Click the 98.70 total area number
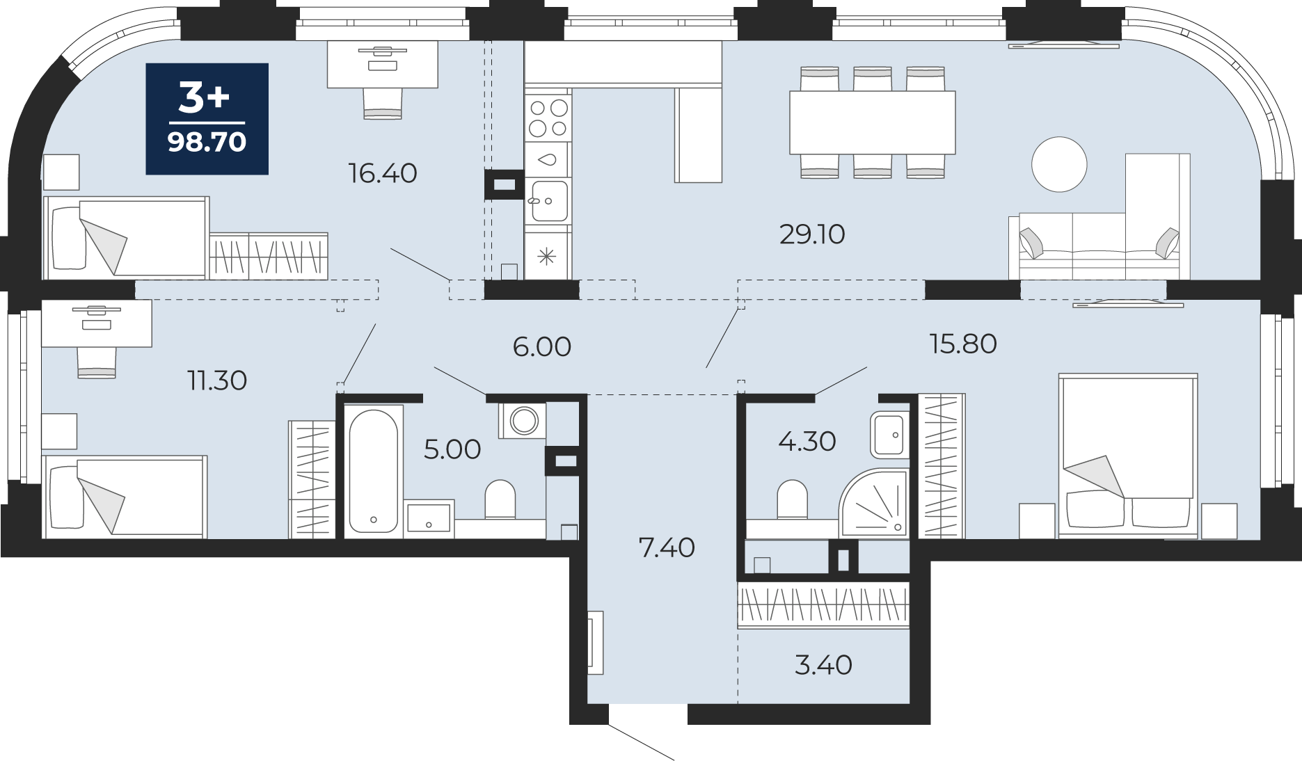[207, 142]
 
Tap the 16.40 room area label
[383, 173]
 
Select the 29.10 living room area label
[812, 234]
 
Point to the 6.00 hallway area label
[542, 346]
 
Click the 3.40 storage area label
[823, 665]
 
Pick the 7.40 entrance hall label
[667, 548]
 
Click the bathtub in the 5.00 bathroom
[374, 472]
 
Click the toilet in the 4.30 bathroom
[792, 499]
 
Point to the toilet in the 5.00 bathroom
[500, 499]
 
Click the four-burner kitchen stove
[548, 118]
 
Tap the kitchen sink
[548, 201]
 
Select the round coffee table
[1059, 164]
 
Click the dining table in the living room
[872, 122]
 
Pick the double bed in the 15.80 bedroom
[1127, 456]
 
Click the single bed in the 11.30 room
[125, 497]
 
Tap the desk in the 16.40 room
[383, 64]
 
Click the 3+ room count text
[204, 97]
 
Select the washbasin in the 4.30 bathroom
[889, 435]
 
